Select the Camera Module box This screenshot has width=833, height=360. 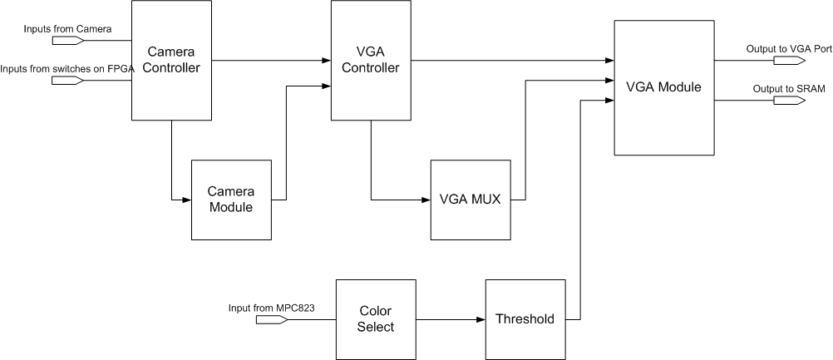231,200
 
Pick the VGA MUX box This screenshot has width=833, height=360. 470,200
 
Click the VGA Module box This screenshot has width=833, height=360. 663,87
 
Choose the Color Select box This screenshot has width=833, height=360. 376,319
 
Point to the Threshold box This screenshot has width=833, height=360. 525,319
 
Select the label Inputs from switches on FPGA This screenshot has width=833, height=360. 67,68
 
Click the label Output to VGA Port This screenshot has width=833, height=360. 789,49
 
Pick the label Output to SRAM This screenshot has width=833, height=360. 783,88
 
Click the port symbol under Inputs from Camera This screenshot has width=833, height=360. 67,40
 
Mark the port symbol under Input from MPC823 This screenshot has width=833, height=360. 271,319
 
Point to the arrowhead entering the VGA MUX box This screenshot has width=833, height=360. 425,200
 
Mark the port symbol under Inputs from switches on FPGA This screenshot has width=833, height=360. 67,81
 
